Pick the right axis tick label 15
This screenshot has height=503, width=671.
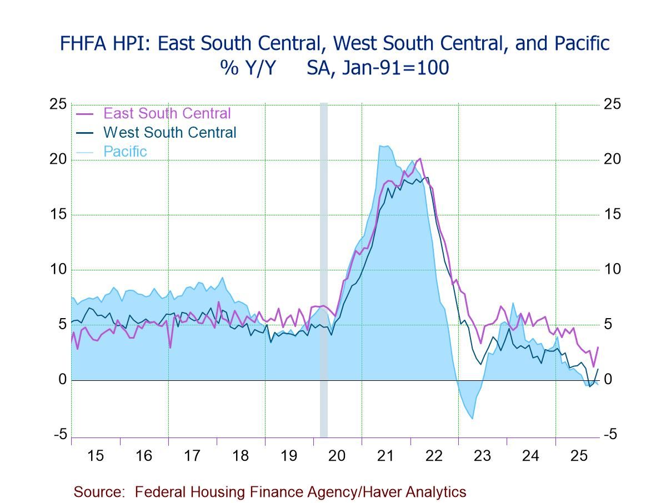pyautogui.click(x=612, y=214)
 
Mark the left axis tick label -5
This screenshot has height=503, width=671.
pyautogui.click(x=61, y=435)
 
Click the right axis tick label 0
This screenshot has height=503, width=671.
pyautogui.click(x=608, y=380)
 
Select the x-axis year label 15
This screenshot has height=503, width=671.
pyautogui.click(x=95, y=456)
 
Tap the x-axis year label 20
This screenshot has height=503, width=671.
pyautogui.click(x=337, y=456)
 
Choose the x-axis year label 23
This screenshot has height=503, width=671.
pyautogui.click(x=482, y=456)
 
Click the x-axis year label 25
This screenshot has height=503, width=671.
pyautogui.click(x=579, y=456)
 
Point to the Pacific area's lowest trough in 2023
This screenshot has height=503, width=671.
pyautogui.click(x=472, y=418)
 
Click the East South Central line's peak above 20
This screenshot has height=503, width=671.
pyautogui.click(x=419, y=159)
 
